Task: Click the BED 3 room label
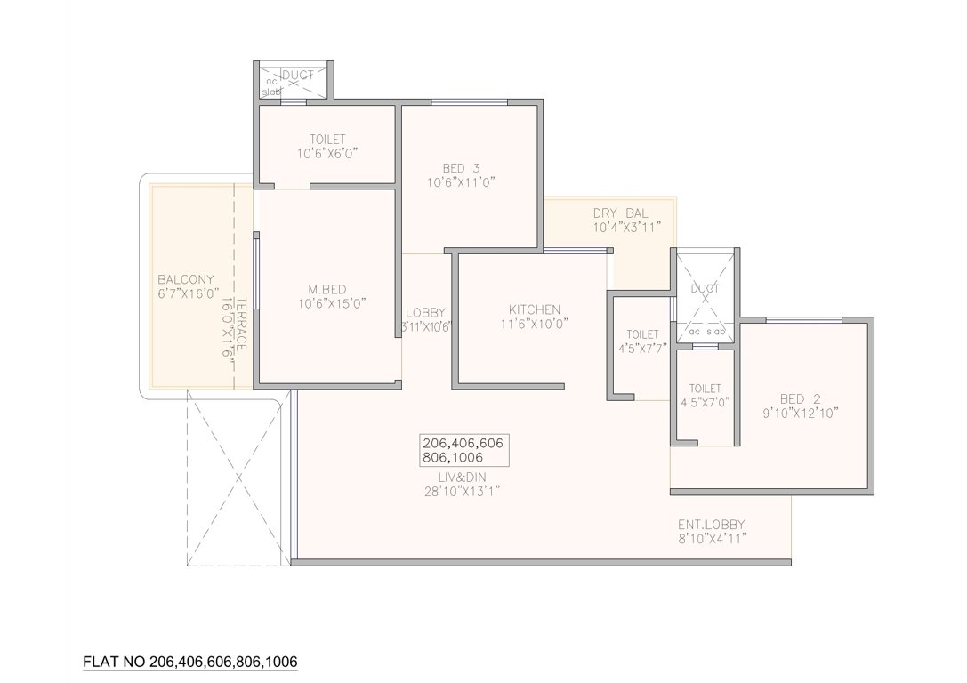pos(460,168)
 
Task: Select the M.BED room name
pos(326,288)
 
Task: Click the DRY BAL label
pos(620,213)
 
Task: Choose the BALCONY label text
pos(186,278)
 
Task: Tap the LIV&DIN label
pos(462,476)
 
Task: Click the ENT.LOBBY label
pos(711,524)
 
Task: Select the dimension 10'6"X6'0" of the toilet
pos(327,153)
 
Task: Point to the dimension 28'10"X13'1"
pos(462,490)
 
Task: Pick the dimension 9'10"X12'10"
pos(799,412)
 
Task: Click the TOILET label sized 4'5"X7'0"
pos(705,389)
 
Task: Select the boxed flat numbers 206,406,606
pos(466,443)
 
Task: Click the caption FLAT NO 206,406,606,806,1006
pos(189,662)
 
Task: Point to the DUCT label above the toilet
pos(298,76)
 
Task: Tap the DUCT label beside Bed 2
pos(705,288)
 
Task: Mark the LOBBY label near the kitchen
pos(425,312)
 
